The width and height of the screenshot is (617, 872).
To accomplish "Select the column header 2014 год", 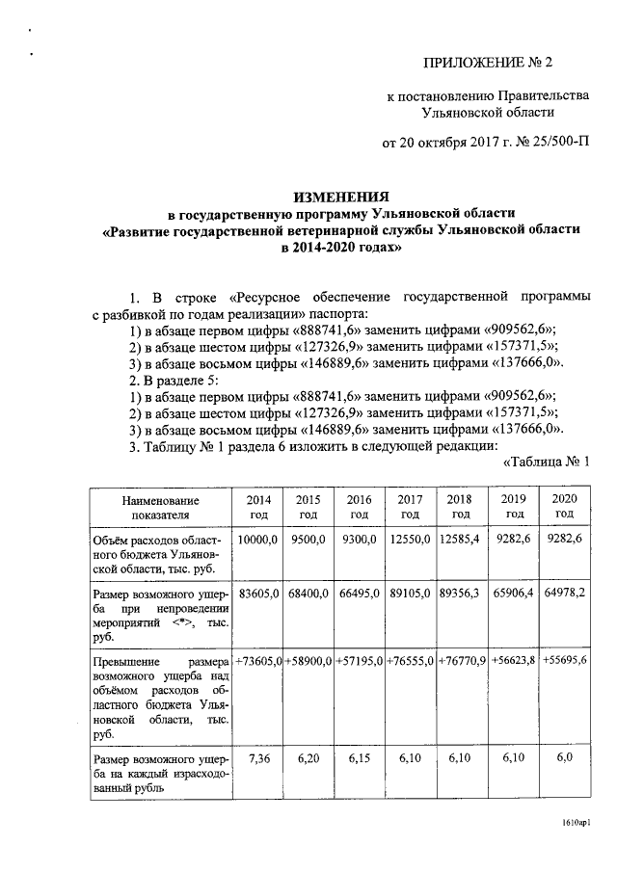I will tap(258, 507).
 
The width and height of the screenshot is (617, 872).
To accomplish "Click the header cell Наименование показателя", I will tap(161, 508).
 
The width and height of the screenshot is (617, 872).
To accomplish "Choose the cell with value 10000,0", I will tap(258, 541).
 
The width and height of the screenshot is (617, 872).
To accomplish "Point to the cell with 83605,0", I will tap(258, 595).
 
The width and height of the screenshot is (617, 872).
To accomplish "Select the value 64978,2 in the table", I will tap(564, 595).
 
